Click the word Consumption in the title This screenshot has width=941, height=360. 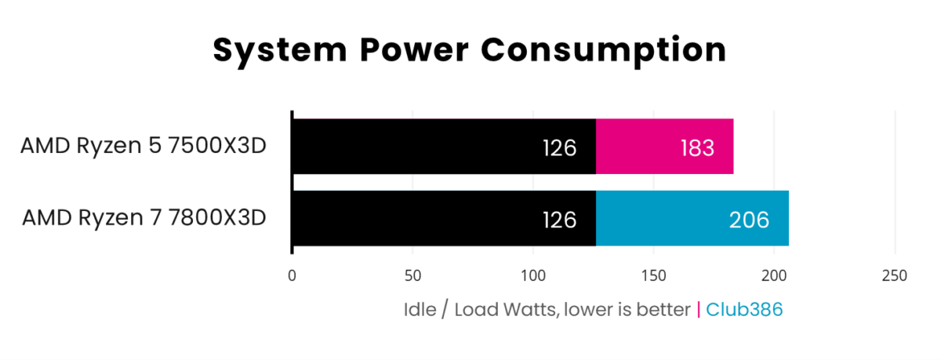[x=604, y=50]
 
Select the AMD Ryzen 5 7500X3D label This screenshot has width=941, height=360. [x=144, y=147]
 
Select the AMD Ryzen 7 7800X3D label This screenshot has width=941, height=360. [x=144, y=218]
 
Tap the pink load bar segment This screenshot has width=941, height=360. [x=664, y=147]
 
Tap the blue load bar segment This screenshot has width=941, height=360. [x=692, y=218]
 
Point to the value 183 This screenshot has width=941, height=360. [x=697, y=147]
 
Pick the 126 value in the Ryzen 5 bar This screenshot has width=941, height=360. [x=559, y=147]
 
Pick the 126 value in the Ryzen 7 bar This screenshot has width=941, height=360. [x=559, y=219]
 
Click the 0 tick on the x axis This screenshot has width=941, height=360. [x=292, y=276]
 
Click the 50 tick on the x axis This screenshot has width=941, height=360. [x=412, y=276]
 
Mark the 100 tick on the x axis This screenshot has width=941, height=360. [x=533, y=276]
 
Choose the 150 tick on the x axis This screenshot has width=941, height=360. [x=653, y=276]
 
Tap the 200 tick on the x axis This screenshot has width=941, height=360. [x=774, y=276]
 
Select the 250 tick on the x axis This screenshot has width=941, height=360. [x=894, y=276]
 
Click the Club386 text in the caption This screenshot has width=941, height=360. [x=744, y=310]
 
